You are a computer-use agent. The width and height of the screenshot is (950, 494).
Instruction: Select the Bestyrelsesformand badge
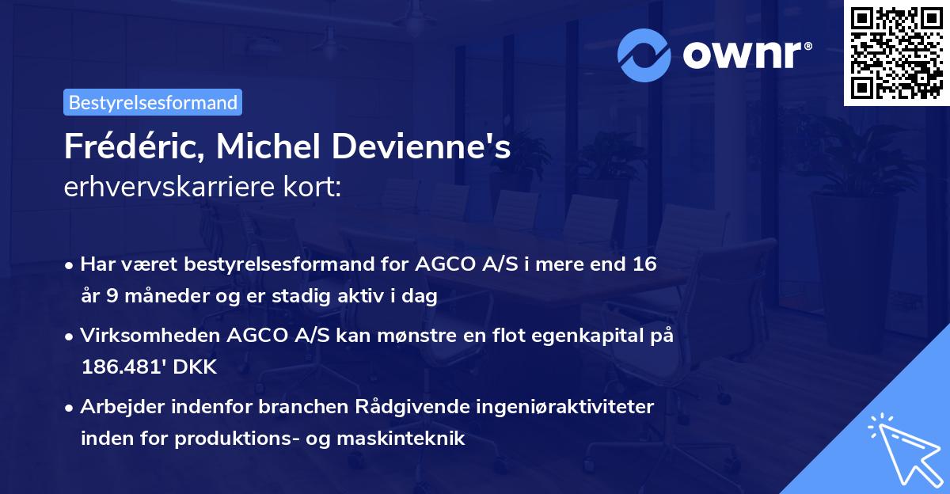point(153,102)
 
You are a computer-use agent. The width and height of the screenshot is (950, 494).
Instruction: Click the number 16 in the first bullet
point(644,264)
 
